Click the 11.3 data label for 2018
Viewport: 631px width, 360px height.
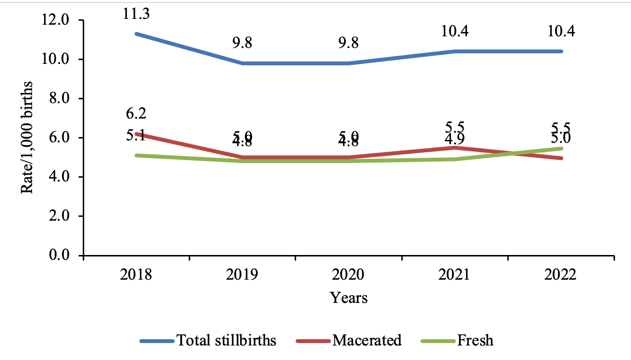click(x=136, y=14)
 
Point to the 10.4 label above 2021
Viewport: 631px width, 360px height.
click(x=455, y=31)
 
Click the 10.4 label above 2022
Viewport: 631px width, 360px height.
click(x=561, y=31)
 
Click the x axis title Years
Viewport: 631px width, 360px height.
click(x=349, y=297)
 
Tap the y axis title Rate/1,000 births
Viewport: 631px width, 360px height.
click(x=28, y=138)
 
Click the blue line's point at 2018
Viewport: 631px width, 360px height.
click(x=136, y=34)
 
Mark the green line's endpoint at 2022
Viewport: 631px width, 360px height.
click(x=561, y=148)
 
